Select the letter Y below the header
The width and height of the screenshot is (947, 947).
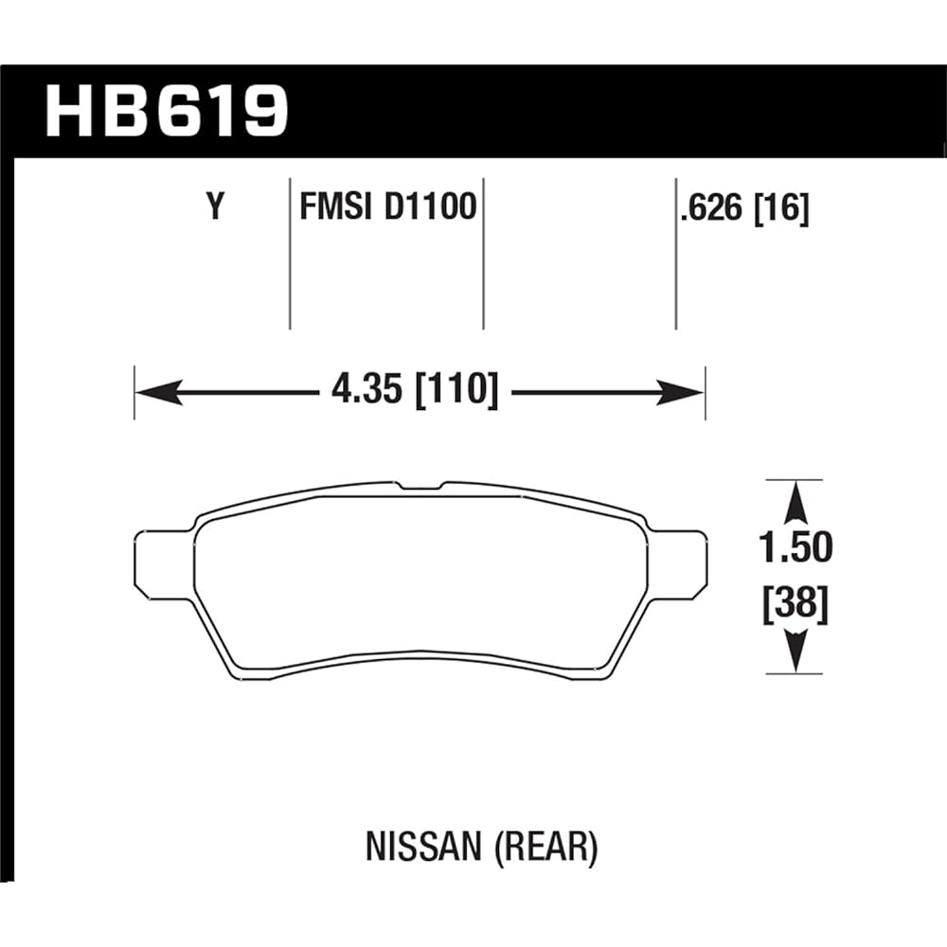(217, 207)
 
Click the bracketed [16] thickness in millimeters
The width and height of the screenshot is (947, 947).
(781, 208)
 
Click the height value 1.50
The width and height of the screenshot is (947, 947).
(795, 548)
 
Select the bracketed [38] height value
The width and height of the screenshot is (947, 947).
(795, 604)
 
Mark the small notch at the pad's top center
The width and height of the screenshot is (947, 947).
(420, 486)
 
